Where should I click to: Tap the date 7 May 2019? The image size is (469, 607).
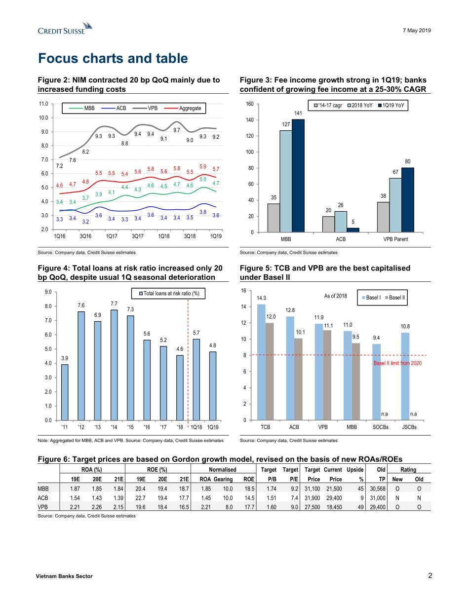pos(418,31)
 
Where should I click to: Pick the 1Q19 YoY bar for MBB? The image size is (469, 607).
pos(298,176)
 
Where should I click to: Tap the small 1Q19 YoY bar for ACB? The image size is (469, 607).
pos(353,230)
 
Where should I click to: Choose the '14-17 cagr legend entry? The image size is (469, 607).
pos(326,106)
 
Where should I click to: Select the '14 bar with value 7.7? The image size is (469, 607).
pos(114,365)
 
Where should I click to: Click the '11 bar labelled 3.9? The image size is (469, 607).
pos(65,392)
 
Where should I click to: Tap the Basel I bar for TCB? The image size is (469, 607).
pos(261,362)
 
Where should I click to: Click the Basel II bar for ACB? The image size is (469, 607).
pos(298,379)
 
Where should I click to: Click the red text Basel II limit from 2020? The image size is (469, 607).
pos(397,363)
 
